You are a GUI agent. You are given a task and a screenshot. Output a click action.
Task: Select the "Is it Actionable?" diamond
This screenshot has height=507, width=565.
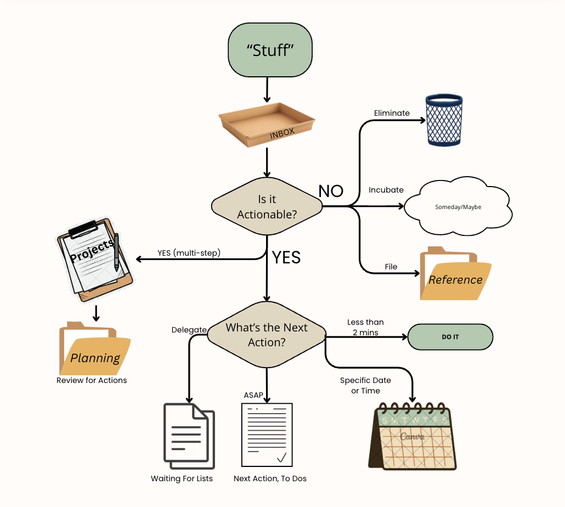click(x=267, y=207)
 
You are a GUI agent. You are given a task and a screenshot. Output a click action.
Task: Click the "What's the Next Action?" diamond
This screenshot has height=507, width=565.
click(x=267, y=335)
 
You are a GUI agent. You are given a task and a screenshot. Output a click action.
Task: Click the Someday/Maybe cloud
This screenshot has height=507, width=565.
click(x=458, y=207)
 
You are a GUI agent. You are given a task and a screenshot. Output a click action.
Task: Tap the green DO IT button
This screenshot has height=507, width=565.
click(x=450, y=337)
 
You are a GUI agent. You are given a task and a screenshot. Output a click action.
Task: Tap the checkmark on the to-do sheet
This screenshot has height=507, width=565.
click(x=282, y=457)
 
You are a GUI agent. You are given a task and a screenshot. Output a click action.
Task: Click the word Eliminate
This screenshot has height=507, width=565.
click(x=392, y=113)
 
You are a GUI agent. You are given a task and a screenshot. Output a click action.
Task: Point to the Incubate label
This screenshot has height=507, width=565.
click(x=386, y=190)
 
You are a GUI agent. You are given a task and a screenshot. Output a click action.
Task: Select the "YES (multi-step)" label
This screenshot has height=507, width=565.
click(x=188, y=252)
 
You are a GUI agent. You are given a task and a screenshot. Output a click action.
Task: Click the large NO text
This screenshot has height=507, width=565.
click(x=331, y=190)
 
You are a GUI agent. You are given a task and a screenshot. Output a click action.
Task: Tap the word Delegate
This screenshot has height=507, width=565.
click(x=189, y=330)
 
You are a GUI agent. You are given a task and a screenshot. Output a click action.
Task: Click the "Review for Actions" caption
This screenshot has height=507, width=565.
click(x=92, y=380)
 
